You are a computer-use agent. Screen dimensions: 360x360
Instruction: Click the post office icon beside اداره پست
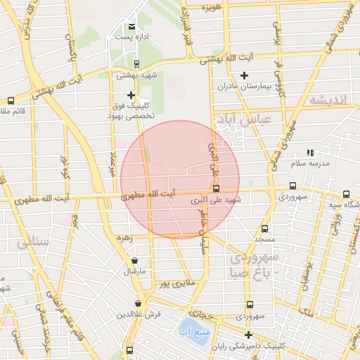[131, 27]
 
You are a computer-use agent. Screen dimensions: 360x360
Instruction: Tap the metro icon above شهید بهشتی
[130, 65]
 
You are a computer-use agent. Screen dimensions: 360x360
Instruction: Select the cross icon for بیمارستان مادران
[244, 76]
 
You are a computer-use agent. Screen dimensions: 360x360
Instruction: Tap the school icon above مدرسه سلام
[310, 153]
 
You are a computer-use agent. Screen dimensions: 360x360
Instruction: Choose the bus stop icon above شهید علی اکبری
[216, 188]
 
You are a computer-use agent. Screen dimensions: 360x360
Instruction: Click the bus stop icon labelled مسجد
[264, 229]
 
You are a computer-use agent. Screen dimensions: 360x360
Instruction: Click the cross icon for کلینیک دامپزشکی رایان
[247, 335]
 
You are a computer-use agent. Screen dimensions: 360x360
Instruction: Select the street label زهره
[124, 238]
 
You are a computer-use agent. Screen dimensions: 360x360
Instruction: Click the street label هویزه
[211, 7]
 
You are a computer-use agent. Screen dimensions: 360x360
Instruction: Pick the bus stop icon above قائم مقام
[11, 101]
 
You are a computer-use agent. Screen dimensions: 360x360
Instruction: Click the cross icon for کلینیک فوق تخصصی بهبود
[130, 95]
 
